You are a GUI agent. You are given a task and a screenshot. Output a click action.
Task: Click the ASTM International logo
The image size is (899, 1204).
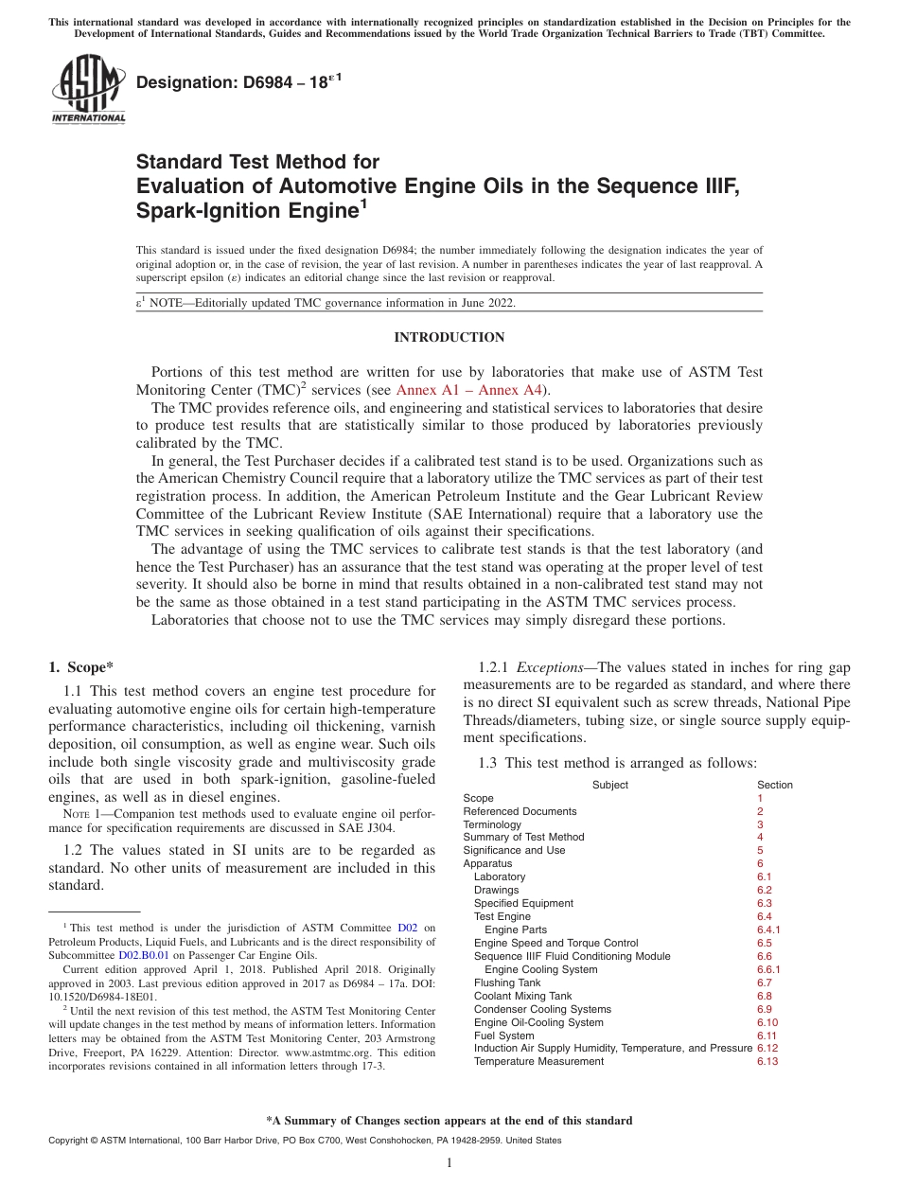click(88, 89)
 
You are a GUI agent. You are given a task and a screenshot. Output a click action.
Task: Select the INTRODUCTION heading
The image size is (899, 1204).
click(449, 337)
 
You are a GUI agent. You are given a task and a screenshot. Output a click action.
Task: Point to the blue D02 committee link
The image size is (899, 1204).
click(407, 928)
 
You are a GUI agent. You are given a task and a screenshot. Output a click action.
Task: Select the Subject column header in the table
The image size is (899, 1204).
click(609, 785)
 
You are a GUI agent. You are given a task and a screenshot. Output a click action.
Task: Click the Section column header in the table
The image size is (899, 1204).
click(775, 785)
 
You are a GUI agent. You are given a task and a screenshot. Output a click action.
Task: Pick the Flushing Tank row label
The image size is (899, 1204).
click(507, 983)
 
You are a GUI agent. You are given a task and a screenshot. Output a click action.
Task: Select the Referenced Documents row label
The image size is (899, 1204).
click(520, 811)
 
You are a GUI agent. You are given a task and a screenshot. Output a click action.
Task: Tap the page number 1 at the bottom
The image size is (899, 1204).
click(449, 1163)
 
